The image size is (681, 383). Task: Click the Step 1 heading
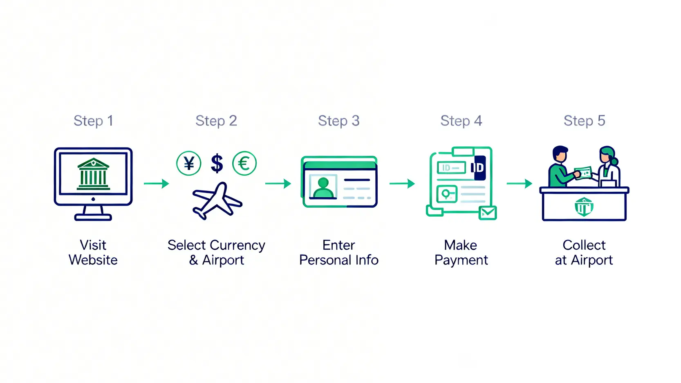click(x=93, y=121)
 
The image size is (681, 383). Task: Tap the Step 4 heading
click(x=461, y=121)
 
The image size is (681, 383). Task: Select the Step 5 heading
click(x=584, y=121)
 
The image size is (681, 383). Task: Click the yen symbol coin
click(x=188, y=163)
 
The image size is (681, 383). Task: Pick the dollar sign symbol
click(x=217, y=163)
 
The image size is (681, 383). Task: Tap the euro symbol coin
click(x=244, y=163)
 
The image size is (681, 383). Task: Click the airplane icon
click(x=217, y=201)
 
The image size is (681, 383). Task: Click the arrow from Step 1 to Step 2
click(x=156, y=184)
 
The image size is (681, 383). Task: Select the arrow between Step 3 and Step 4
click(x=402, y=184)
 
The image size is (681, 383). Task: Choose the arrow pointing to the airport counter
click(x=519, y=184)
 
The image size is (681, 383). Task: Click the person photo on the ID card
click(x=323, y=187)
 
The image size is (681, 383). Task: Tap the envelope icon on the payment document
click(x=488, y=213)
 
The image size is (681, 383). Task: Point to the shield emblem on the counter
click(x=584, y=207)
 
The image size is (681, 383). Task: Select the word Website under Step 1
click(x=93, y=260)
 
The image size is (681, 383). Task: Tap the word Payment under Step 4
click(x=461, y=260)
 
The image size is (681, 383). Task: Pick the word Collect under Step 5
click(x=584, y=245)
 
